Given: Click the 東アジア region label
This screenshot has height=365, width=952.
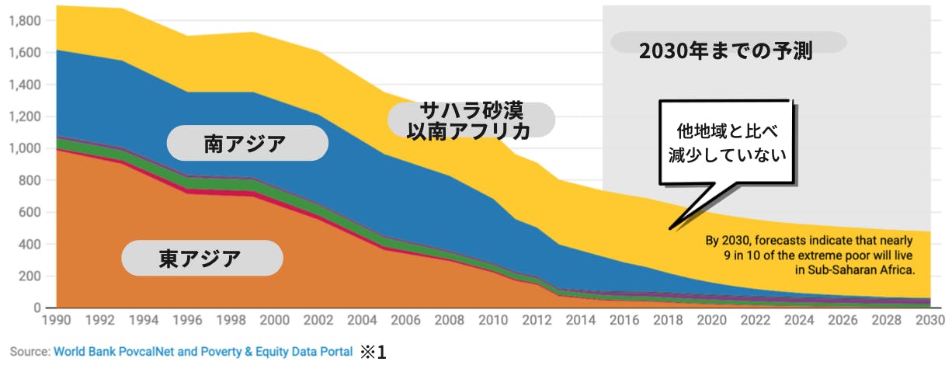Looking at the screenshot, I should pyautogui.click(x=200, y=258).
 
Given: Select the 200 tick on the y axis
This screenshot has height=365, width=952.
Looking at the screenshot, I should pyautogui.click(x=31, y=276).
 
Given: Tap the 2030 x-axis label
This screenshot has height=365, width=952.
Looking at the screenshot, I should pyautogui.click(x=929, y=320).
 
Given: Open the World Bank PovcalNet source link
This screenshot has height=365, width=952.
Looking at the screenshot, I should pyautogui.click(x=203, y=352).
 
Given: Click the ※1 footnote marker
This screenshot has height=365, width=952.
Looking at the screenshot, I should pyautogui.click(x=373, y=352).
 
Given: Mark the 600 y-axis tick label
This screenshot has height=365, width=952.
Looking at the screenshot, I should pyautogui.click(x=31, y=213).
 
